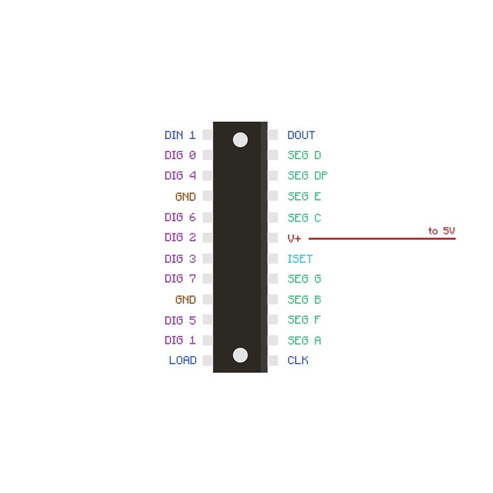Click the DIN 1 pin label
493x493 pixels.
(x=180, y=136)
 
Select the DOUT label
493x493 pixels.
(x=301, y=136)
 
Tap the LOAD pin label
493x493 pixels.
(x=182, y=360)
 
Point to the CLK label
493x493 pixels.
(x=298, y=360)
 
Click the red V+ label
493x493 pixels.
(x=294, y=238)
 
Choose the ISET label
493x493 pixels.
(x=300, y=259)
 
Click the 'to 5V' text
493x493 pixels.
(x=442, y=231)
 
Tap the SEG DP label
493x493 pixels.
(x=307, y=175)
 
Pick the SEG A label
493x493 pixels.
(x=304, y=340)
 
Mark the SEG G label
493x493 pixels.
(x=304, y=279)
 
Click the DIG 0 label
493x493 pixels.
(x=180, y=155)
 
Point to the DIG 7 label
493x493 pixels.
(x=180, y=279)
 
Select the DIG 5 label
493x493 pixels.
(x=180, y=320)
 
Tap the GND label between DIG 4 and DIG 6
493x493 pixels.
(x=186, y=197)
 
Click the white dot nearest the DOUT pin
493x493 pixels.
(x=240, y=140)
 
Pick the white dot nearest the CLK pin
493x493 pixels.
(x=240, y=355)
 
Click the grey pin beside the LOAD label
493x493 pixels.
(x=207, y=360)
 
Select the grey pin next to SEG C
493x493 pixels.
(x=273, y=218)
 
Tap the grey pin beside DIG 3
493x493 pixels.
(x=207, y=259)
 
